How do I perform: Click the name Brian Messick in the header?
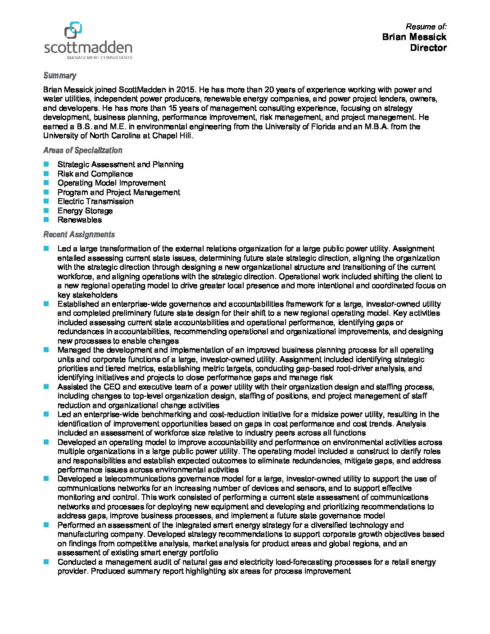(414, 37)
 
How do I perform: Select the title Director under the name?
(428, 48)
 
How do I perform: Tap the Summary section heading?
(59, 76)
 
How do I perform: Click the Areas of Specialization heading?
(82, 150)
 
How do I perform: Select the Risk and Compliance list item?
(95, 174)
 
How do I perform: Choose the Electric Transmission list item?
(95, 201)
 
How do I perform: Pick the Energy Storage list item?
(85, 211)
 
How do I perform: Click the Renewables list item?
(80, 220)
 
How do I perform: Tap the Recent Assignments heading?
(79, 234)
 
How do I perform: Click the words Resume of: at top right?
(426, 27)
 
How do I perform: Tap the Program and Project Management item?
(118, 192)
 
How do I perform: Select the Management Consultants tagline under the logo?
(99, 58)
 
